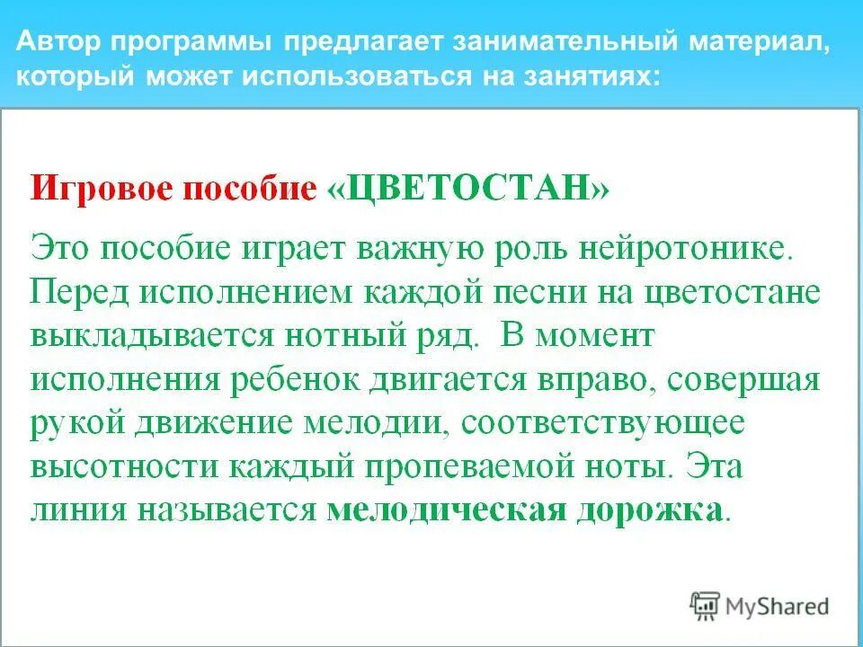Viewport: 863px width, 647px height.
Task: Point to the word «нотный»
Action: (338, 335)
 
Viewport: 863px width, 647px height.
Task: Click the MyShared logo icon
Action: (707, 606)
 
